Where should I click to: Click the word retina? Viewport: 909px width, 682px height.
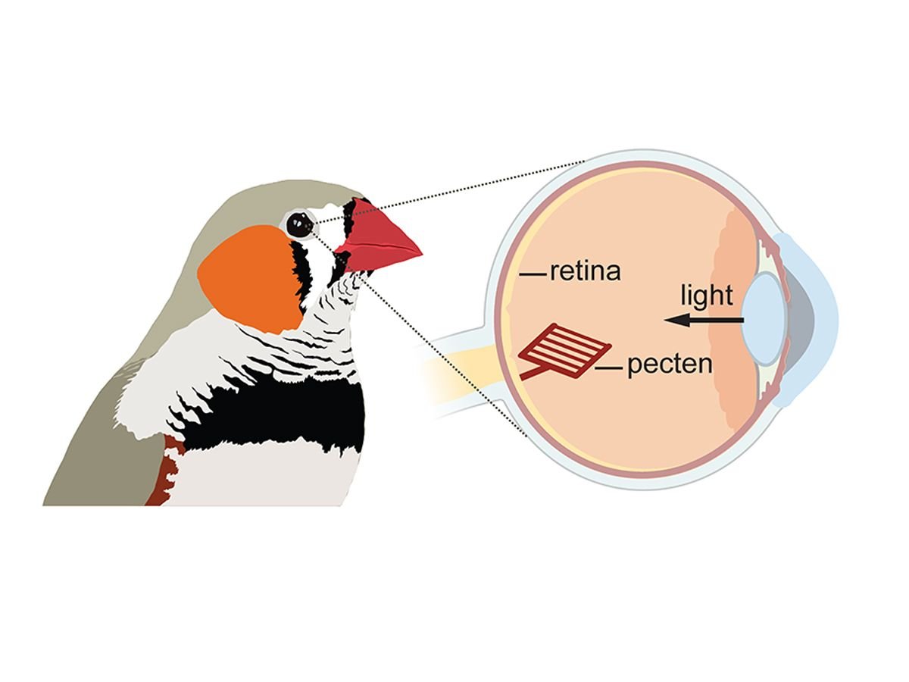pos(585,271)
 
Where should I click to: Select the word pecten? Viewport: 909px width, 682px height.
pos(670,364)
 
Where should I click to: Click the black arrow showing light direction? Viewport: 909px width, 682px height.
pos(704,321)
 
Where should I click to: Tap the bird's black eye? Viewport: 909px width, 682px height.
pos(300,224)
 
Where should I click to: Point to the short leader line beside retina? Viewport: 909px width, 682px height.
pos(533,271)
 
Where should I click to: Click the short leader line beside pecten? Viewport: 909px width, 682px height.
pos(608,368)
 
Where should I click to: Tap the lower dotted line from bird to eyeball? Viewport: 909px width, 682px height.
pos(447,356)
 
